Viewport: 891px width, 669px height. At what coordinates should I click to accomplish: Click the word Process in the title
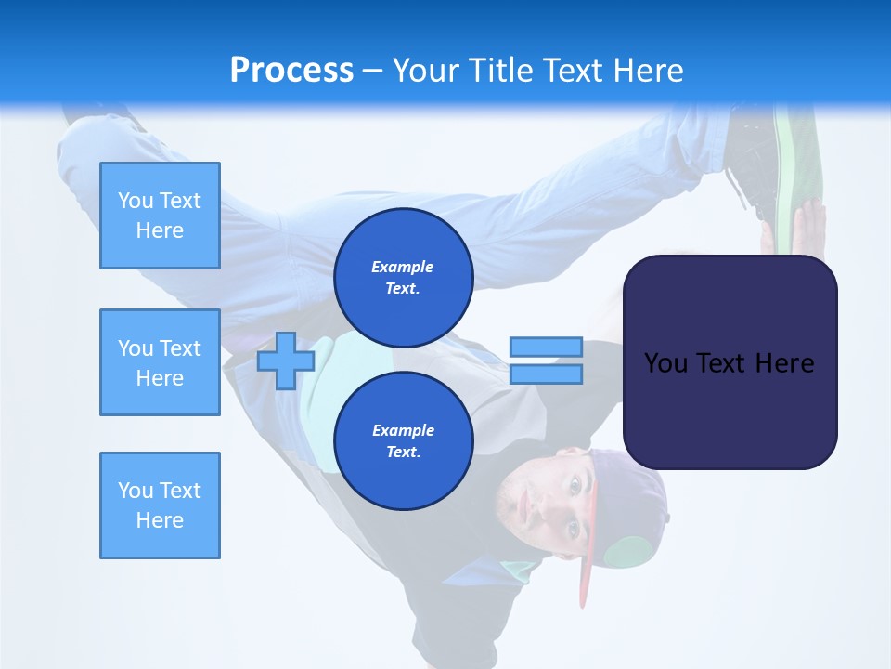291,71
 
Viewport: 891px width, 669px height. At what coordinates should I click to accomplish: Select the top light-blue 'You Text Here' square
160,216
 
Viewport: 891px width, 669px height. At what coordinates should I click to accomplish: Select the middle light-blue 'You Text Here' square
160,362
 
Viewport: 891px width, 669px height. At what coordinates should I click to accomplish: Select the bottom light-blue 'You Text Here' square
160,505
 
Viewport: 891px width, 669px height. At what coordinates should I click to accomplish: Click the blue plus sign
285,361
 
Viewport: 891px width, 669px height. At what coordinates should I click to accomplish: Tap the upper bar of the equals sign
546,348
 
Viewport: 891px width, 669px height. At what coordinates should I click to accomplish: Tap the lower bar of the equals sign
546,374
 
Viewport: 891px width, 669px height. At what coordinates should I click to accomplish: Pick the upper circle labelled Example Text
403,277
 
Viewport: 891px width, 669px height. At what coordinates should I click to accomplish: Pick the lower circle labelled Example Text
403,440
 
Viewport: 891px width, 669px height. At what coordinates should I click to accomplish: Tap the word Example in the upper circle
403,267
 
